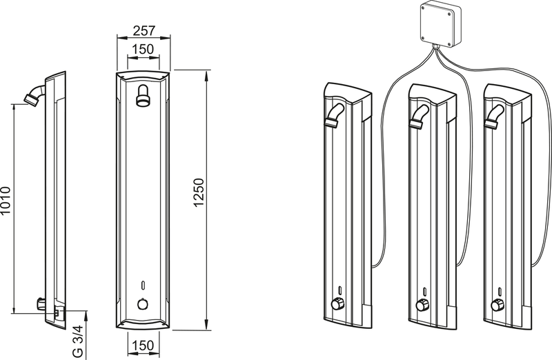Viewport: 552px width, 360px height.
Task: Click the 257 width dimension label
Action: [x=144, y=30]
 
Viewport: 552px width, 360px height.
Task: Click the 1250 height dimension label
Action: [x=199, y=193]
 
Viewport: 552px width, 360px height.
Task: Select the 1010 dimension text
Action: [x=6, y=201]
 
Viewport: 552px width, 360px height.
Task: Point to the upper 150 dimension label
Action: [x=144, y=49]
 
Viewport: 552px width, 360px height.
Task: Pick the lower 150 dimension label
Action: [x=144, y=346]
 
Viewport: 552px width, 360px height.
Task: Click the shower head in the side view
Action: [x=34, y=94]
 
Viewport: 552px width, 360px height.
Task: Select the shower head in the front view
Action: [x=143, y=95]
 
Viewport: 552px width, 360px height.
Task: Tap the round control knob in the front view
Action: [x=143, y=303]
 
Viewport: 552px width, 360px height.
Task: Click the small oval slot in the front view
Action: [x=143, y=285]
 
